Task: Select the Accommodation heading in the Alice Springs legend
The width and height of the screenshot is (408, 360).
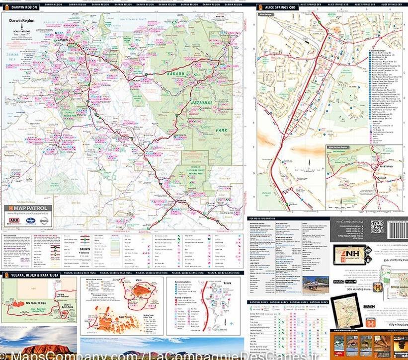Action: pos(378,50)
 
